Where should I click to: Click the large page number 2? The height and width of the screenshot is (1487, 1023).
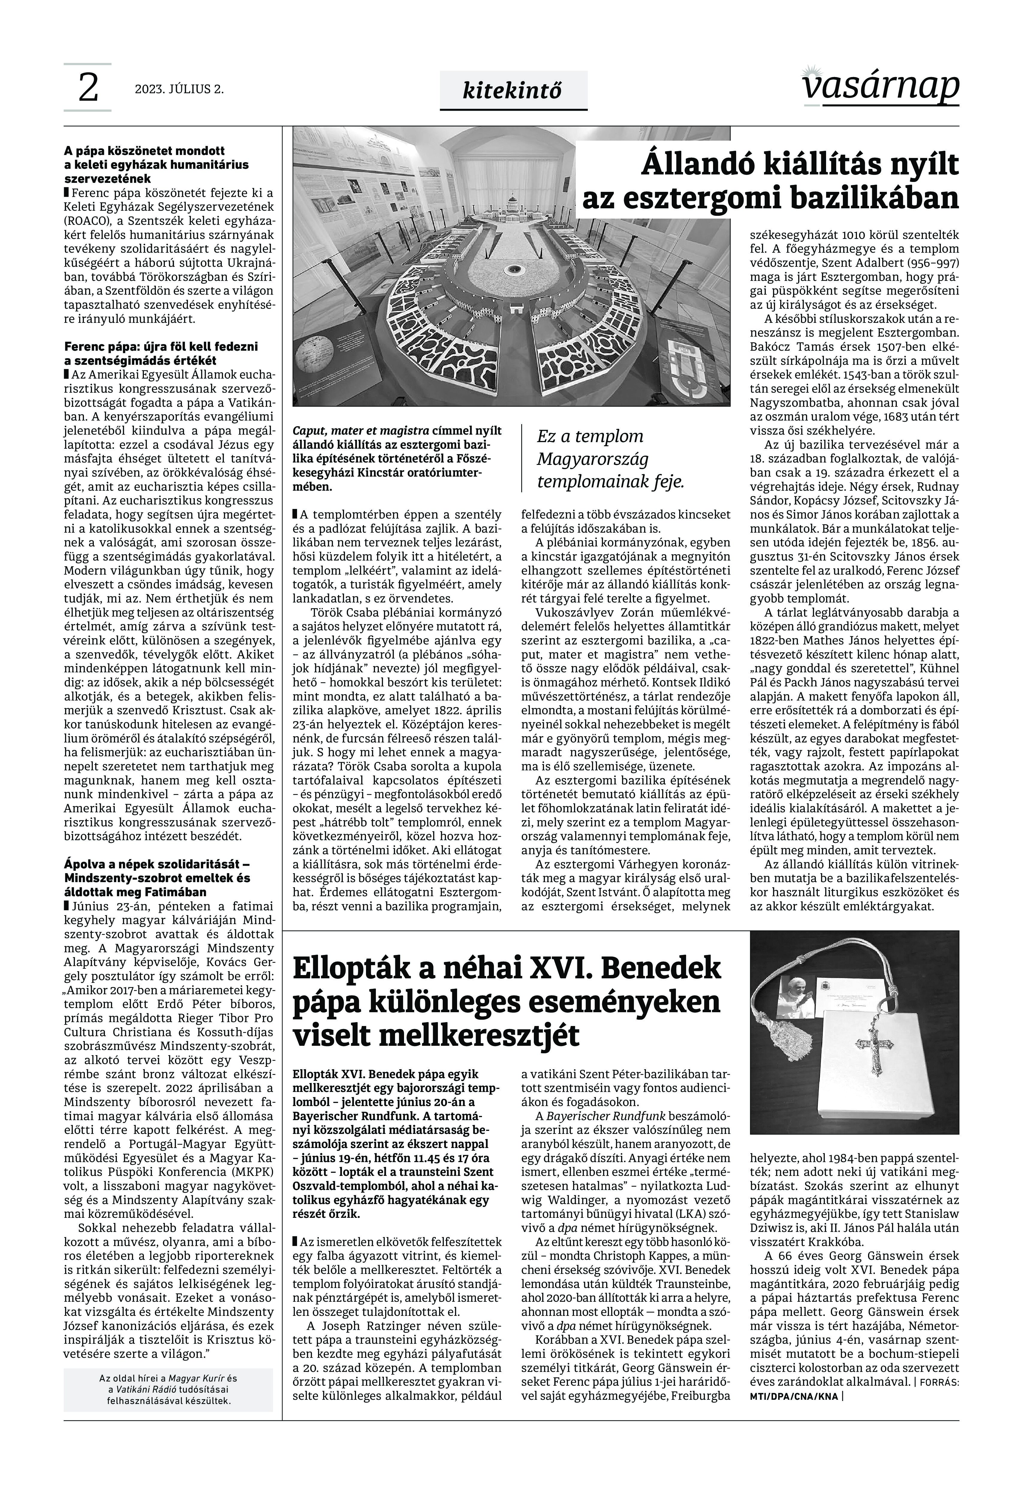tap(88, 88)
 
